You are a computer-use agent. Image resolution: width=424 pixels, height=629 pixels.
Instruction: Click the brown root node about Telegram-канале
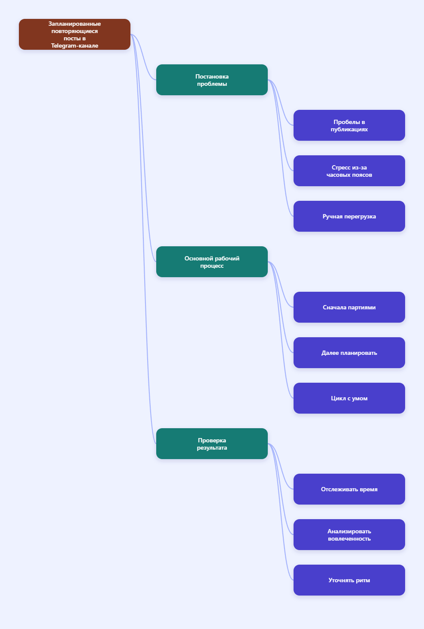coord(74,34)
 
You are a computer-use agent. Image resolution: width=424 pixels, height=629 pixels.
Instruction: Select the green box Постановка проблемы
coord(212,80)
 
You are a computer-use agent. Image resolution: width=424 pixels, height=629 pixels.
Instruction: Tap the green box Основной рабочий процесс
coord(212,262)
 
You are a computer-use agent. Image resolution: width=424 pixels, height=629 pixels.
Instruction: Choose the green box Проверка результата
coord(212,444)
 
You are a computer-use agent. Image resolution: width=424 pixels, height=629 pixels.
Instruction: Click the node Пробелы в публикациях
coord(349,125)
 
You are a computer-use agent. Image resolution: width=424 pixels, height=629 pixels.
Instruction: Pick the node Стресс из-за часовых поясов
coord(349,171)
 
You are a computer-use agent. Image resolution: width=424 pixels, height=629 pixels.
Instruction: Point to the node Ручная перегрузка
coord(349,216)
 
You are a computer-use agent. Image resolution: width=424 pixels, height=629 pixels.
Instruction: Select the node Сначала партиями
coord(349,307)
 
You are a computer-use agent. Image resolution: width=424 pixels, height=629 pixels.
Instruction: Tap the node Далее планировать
coord(349,353)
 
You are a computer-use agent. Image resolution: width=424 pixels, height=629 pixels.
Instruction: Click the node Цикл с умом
coord(349,398)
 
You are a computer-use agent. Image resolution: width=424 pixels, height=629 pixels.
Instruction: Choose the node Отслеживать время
coord(349,489)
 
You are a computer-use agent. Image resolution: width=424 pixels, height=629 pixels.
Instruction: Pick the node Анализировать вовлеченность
coord(349,535)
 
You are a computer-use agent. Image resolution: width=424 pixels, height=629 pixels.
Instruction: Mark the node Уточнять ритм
coord(349,580)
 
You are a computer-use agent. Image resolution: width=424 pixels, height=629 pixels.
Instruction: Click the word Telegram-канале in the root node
coord(74,45)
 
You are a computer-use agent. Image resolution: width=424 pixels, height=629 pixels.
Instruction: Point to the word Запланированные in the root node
coord(74,24)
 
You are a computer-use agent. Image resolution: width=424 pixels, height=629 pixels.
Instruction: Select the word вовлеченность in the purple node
coord(349,538)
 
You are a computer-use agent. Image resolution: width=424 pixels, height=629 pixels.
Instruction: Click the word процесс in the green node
coord(212,266)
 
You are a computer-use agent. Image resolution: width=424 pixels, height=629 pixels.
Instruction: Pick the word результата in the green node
coord(212,448)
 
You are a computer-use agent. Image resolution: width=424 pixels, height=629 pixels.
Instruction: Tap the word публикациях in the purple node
coord(349,130)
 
